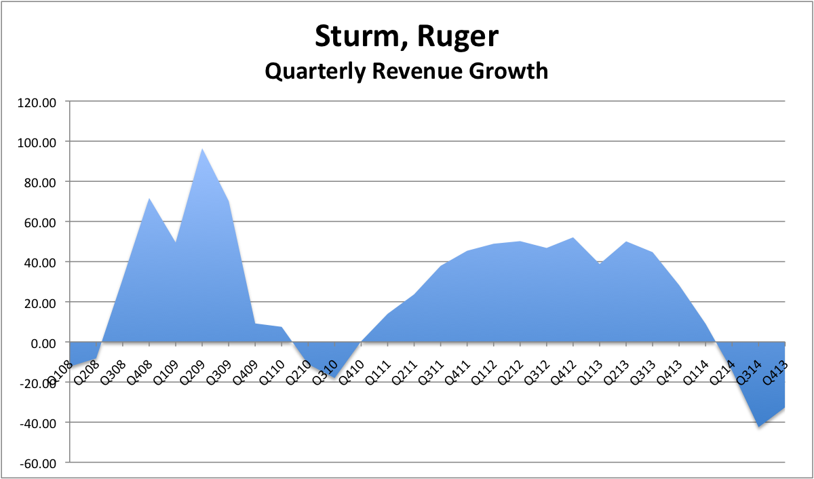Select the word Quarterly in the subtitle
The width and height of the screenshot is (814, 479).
[x=324, y=70]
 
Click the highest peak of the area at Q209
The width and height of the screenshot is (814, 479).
[x=202, y=149]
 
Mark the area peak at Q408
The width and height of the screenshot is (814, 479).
[x=149, y=198]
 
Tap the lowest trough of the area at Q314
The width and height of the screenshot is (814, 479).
[x=759, y=427]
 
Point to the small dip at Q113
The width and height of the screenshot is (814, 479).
[x=600, y=265]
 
